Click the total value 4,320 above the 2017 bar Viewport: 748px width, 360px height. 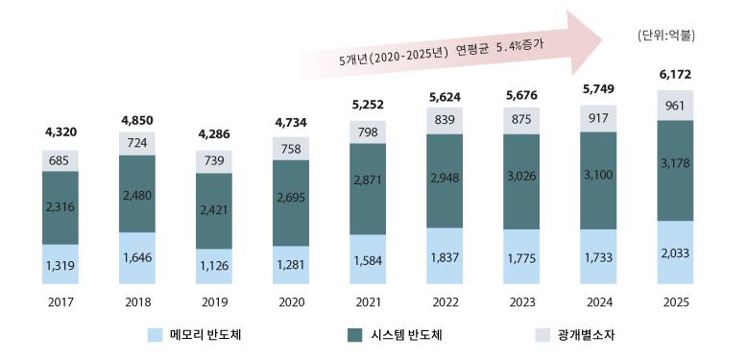click(60, 133)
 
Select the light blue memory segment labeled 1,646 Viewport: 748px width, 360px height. click(137, 258)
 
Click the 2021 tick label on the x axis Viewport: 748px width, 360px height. click(368, 301)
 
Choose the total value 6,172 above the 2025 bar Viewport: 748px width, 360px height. click(675, 74)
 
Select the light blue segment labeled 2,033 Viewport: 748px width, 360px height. click(675, 252)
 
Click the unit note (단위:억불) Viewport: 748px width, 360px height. click(665, 36)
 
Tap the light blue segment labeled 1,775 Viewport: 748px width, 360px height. click(521, 256)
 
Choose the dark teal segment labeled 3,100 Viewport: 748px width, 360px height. click(598, 180)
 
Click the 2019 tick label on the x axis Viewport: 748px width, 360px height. click(214, 301)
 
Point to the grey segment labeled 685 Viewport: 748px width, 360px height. click(60, 160)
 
